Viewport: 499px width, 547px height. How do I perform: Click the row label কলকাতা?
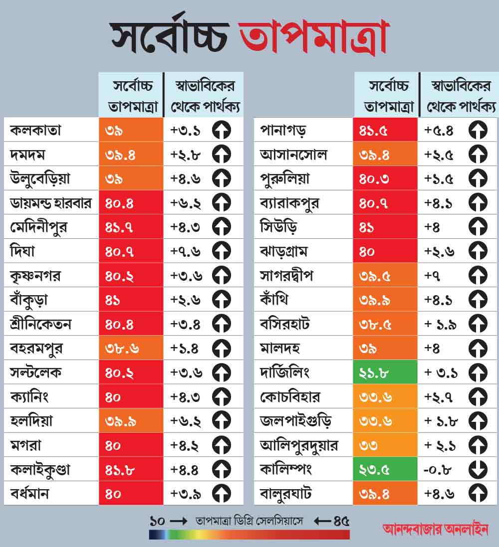(x=35, y=131)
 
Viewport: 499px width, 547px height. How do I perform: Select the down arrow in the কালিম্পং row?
(x=478, y=469)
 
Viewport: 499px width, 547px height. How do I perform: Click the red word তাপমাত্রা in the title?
(x=313, y=38)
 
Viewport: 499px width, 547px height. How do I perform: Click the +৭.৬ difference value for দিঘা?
(x=186, y=251)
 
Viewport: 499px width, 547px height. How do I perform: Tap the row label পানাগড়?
(x=283, y=131)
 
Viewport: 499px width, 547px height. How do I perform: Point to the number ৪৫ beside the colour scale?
(x=342, y=521)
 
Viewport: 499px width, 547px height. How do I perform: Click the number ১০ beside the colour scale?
(x=157, y=521)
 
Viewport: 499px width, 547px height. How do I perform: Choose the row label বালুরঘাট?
(x=286, y=494)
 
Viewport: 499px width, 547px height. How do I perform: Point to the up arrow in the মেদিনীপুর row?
(x=222, y=227)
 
